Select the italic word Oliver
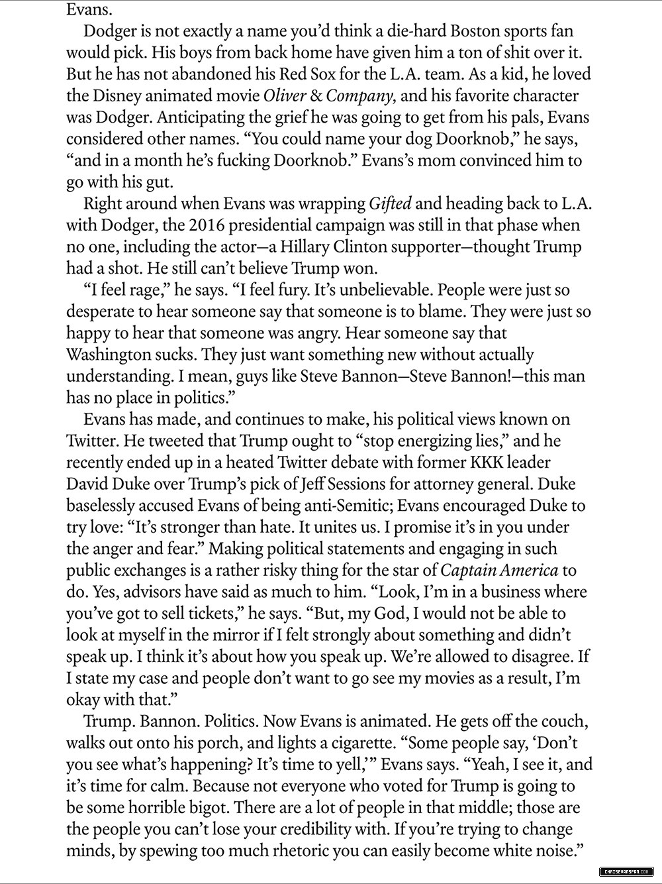[x=287, y=96]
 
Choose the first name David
[x=89, y=484]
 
